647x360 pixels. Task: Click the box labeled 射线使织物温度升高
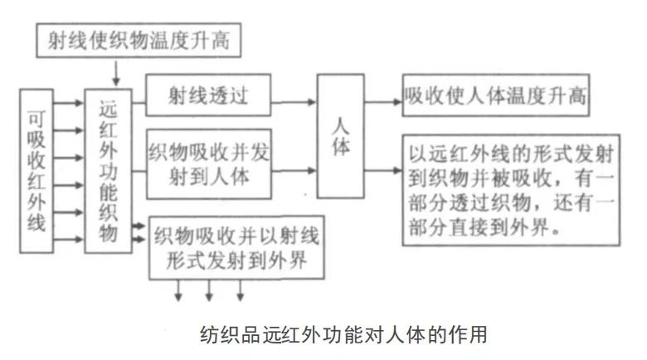pos(139,40)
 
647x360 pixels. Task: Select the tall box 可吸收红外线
pos(36,171)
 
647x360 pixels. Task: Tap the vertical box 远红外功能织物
pos(108,171)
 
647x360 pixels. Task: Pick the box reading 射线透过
pos(208,95)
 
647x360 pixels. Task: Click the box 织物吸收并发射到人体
pos(209,164)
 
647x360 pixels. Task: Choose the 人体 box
pos(340,136)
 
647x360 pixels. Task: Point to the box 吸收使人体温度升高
pos(495,95)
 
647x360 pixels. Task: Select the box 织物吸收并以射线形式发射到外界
pos(236,247)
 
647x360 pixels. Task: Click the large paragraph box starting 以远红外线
pos(511,190)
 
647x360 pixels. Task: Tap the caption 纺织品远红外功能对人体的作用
pos(343,334)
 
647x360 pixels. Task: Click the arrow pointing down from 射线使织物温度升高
pos(116,74)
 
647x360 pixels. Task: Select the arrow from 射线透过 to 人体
pos(294,102)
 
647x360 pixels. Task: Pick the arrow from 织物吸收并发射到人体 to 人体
pos(294,170)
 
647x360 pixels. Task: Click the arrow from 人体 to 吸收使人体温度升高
pos(383,102)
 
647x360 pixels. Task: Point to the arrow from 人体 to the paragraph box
pos(383,170)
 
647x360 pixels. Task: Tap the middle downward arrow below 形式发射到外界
pos(209,290)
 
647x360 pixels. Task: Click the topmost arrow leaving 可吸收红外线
pos(69,103)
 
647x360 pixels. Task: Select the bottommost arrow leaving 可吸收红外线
pos(69,239)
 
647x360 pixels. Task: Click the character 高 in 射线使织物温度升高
pos(221,41)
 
